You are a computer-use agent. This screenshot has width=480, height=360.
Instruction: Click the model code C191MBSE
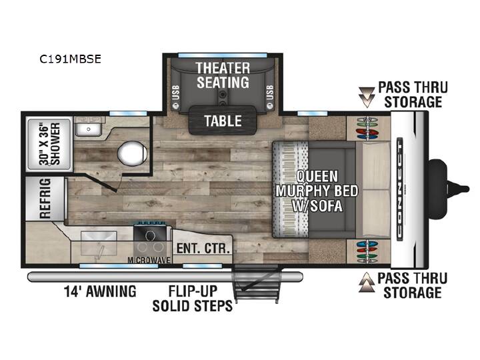coord(70,59)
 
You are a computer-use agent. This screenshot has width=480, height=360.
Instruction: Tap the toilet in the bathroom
coord(132,154)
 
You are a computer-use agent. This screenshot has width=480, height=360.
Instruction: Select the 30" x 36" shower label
coord(49,144)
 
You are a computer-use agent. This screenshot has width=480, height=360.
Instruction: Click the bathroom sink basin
coord(89,129)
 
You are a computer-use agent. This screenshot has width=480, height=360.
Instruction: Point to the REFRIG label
coord(45,199)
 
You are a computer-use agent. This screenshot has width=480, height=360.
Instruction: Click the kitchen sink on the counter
coord(99,244)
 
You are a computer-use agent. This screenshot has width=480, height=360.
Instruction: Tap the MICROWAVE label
coord(149,260)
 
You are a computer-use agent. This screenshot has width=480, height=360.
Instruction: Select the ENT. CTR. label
coord(203,248)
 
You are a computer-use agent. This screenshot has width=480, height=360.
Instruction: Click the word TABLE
coord(223,121)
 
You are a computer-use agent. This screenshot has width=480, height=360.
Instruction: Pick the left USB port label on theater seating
coord(176,93)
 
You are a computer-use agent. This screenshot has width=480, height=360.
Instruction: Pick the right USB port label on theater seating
coord(270,93)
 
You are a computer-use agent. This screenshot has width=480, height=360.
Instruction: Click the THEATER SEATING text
coord(223,75)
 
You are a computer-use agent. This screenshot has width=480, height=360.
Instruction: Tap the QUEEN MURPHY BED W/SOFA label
coord(317,191)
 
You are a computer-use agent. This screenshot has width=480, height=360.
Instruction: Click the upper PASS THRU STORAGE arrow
coord(367,97)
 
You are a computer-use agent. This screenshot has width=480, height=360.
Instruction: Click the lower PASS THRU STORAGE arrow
coord(367,282)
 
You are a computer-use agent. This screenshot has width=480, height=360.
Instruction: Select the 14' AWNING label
coord(100,291)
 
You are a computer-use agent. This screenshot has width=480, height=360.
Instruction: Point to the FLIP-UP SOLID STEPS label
coord(193,299)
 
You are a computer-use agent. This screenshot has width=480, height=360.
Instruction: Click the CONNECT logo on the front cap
coord(400,189)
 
